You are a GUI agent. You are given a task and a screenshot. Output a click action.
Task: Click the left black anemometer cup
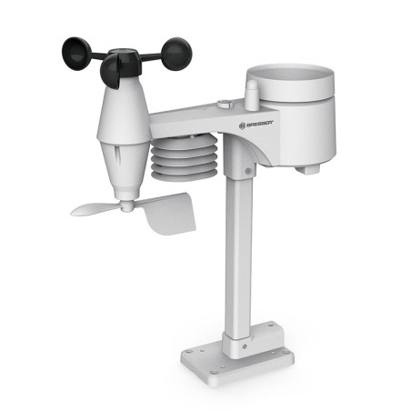point(75,54)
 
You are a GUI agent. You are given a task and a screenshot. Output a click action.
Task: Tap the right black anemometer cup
point(176,54)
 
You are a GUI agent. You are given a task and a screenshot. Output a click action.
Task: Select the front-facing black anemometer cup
point(111,72)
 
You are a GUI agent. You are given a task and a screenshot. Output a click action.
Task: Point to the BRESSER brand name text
point(260,124)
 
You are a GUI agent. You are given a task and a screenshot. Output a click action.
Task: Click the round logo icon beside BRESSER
point(242,125)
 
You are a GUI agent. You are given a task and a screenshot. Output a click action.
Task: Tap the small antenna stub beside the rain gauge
point(251,95)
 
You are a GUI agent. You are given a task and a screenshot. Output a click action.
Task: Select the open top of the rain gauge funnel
point(290,75)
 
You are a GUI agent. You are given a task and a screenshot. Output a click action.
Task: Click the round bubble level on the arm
point(225,104)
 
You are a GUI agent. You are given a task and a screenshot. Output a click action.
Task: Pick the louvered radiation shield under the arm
point(184,157)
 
